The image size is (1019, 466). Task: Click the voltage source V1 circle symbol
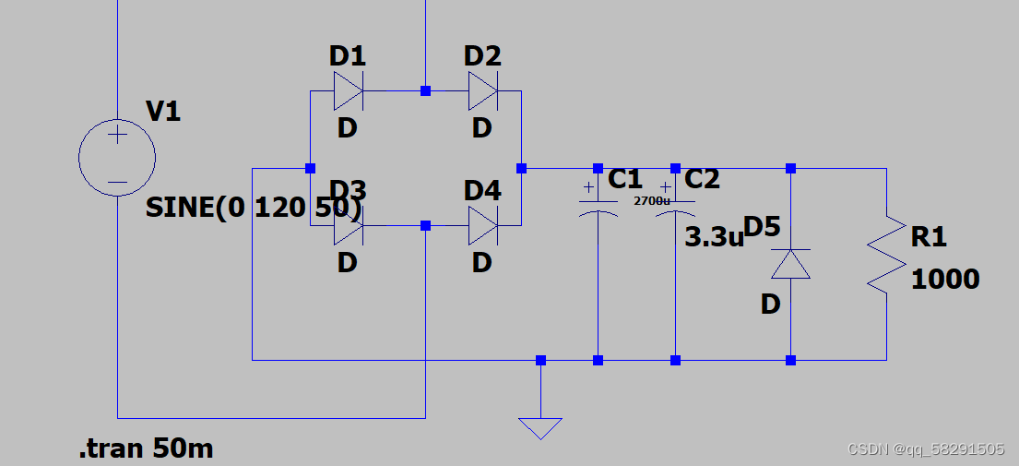117,158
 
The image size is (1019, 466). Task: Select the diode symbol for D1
348,91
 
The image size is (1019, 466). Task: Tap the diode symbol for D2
482,91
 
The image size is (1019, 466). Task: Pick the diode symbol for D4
482,225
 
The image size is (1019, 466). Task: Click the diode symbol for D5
790,264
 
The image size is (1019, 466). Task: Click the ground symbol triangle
540,428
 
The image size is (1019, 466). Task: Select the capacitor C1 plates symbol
598,207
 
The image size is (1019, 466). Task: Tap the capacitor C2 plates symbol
676,207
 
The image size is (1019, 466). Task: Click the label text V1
163,113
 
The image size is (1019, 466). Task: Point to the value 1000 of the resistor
945,279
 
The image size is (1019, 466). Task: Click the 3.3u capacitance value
713,237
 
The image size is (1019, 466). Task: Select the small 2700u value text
651,199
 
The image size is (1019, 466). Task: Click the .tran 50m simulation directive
147,449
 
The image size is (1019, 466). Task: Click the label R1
929,237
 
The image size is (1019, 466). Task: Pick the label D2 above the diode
482,56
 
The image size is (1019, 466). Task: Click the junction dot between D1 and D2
425,91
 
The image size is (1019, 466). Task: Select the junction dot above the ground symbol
540,360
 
